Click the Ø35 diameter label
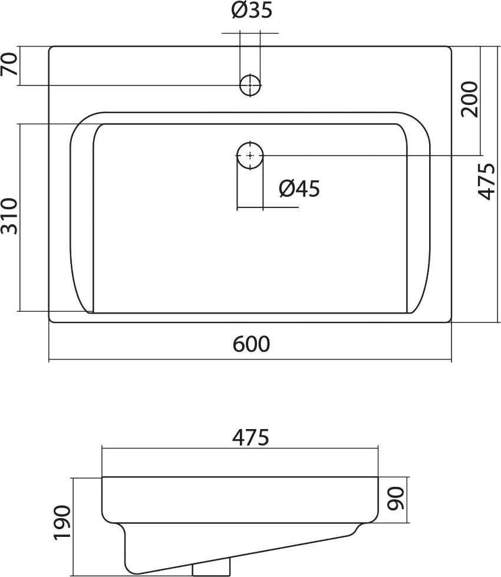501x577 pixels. [252, 10]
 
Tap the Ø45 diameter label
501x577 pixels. [299, 189]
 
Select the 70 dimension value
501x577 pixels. [9, 64]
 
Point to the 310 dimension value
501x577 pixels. [9, 216]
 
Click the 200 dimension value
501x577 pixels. [469, 100]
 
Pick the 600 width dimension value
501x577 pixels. [252, 344]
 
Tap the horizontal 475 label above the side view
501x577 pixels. [250, 437]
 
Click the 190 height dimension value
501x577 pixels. [62, 523]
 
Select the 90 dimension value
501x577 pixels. [396, 498]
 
